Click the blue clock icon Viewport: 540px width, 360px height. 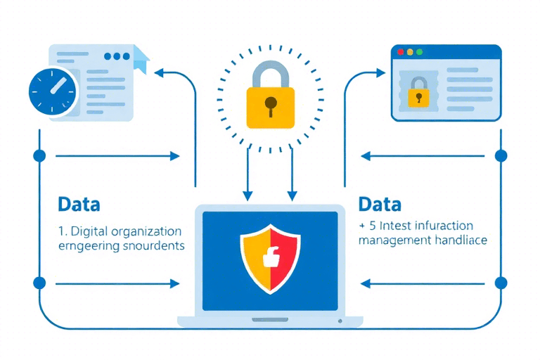click(52, 92)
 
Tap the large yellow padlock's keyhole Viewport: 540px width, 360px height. click(270, 105)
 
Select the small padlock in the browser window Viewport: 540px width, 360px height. click(420, 94)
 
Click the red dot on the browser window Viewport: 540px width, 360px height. click(401, 52)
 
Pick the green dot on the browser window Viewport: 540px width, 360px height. click(420, 52)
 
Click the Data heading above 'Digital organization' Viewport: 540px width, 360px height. click(79, 205)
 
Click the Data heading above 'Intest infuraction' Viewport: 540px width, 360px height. click(380, 205)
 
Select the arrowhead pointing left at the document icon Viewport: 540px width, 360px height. click(159, 72)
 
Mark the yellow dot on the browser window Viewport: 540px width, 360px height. click(411, 52)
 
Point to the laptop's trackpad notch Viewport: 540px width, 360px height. click(270, 320)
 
